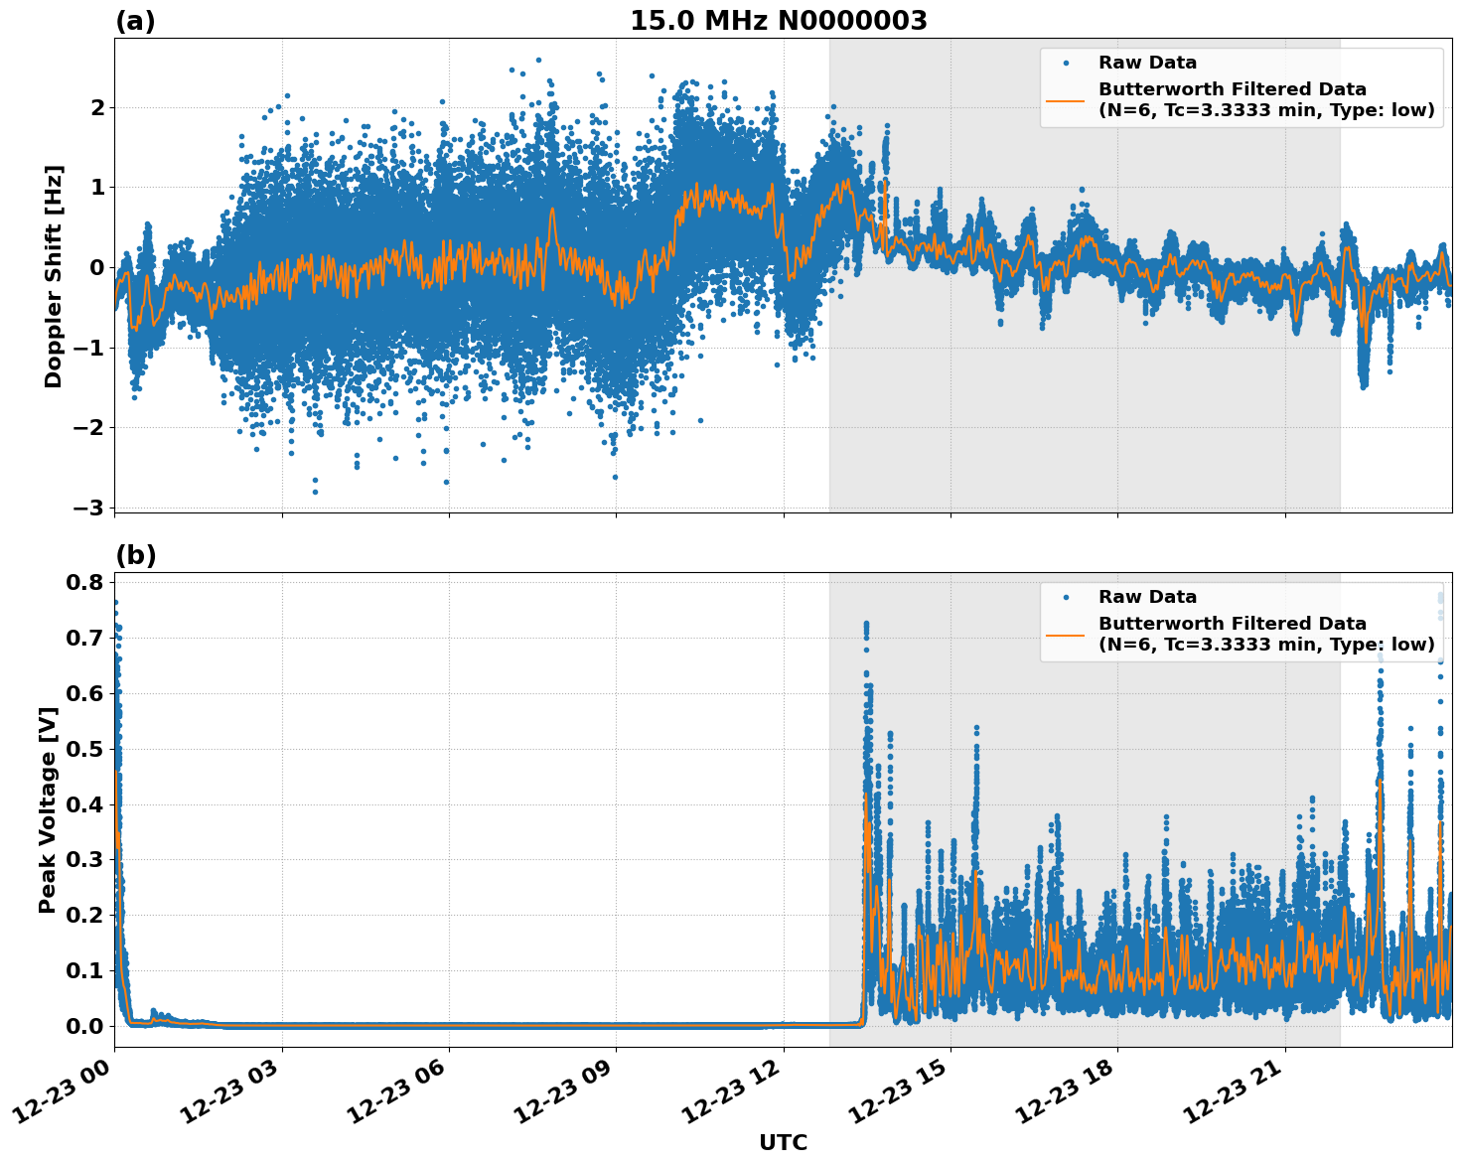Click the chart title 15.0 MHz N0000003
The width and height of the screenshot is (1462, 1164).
pos(778,21)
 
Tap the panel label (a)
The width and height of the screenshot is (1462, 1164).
pos(135,21)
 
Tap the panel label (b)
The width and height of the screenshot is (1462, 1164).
pos(135,555)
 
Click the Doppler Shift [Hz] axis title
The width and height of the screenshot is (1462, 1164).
pos(54,276)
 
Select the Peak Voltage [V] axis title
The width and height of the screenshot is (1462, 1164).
pos(47,809)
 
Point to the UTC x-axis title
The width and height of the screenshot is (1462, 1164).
pos(783,1142)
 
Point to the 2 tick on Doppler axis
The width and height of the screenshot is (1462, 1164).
pos(96,107)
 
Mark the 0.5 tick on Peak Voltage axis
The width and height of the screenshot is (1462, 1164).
pos(84,748)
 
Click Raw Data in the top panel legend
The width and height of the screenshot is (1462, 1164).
pos(1147,63)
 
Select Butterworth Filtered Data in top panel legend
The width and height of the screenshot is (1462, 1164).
pos(1232,89)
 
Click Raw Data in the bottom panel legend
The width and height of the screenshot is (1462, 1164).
pos(1147,597)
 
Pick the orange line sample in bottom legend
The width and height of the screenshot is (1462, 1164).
pos(1065,634)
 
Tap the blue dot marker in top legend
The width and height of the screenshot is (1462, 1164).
pos(1065,63)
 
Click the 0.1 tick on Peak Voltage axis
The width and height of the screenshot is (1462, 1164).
pos(84,970)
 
